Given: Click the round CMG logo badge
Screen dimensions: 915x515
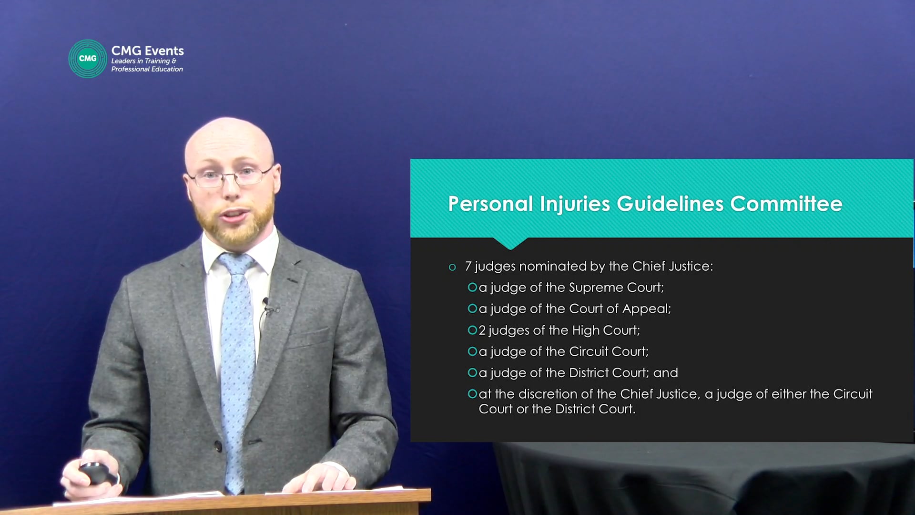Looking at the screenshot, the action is tap(88, 59).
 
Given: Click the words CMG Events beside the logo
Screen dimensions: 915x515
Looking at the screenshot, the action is tap(147, 51).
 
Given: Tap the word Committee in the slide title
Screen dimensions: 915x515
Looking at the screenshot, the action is tap(786, 204).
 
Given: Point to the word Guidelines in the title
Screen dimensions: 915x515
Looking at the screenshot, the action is tap(670, 205).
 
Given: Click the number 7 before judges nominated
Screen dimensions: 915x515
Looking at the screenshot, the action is tap(468, 266).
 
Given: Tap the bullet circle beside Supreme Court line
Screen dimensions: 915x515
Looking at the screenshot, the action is tap(472, 287).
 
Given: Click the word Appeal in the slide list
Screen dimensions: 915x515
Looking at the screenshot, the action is tap(646, 309).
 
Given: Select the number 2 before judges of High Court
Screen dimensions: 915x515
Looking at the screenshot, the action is tap(482, 330).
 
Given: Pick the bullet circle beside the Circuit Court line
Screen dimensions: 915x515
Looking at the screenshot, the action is tap(472, 351).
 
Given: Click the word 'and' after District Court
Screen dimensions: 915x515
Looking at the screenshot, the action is tap(666, 372).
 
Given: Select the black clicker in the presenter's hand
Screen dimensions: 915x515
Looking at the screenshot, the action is tap(98, 473).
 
